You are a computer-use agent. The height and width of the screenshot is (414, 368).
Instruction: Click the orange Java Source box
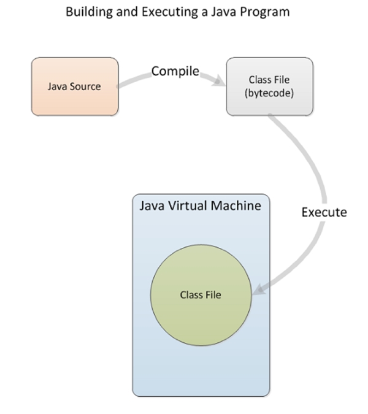click(74, 86)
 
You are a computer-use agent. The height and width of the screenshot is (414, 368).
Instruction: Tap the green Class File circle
click(200, 294)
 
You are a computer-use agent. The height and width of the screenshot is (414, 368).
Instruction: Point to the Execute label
click(324, 213)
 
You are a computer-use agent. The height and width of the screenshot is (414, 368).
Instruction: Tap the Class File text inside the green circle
click(200, 295)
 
